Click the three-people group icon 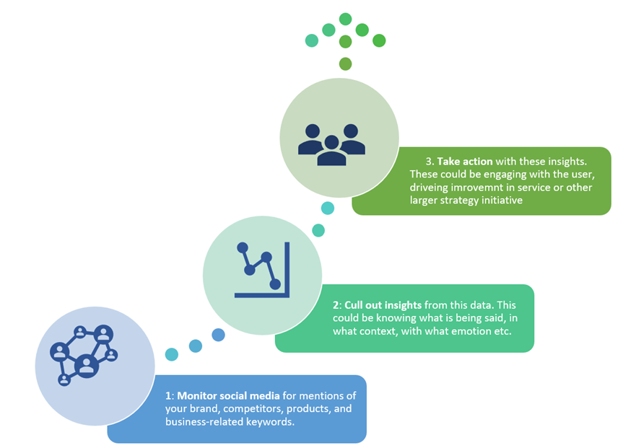coord(331,144)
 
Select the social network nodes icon coord(84,355)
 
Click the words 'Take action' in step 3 coord(465,162)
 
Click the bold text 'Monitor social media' coord(228,396)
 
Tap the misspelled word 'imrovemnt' coord(482,188)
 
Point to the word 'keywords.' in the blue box coord(270,421)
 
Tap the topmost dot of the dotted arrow coord(345,19)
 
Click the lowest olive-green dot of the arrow coord(345,63)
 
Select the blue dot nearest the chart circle coord(218,335)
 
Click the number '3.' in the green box coord(430,162)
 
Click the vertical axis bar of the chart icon coord(287,270)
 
